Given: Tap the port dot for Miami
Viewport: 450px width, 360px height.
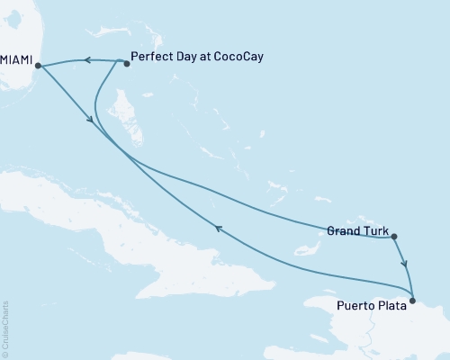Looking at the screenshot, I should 37,65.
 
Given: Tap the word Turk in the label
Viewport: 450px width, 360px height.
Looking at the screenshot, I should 375,231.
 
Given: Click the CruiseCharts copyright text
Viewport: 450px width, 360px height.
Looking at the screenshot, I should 5,328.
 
